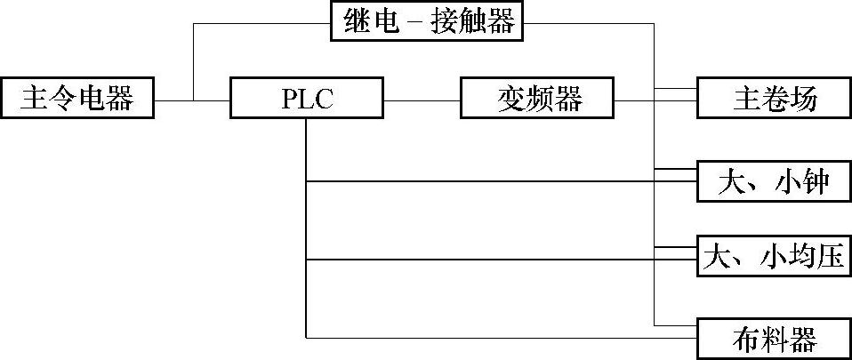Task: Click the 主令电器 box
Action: [x=76, y=99]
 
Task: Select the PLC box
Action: [x=306, y=99]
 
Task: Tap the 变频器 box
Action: [x=537, y=99]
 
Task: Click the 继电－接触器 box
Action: [x=426, y=22]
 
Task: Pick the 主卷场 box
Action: [x=774, y=99]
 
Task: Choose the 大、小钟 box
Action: [x=774, y=181]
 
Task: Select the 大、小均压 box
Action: [x=774, y=259]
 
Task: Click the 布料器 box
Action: [x=774, y=338]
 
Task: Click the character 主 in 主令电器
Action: [x=34, y=99]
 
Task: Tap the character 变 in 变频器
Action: [x=510, y=99]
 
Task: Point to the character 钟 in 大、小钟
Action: [x=814, y=181]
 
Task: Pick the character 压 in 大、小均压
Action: [x=830, y=259]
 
